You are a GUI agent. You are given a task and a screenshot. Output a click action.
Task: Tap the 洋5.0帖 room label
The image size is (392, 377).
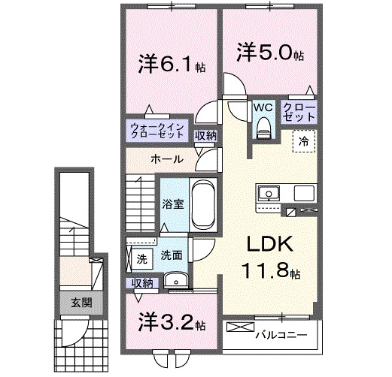(x=272, y=55)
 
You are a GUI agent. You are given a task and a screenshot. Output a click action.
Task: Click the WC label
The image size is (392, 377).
(x=263, y=107)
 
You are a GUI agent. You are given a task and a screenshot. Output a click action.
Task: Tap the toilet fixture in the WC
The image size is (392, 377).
(x=263, y=128)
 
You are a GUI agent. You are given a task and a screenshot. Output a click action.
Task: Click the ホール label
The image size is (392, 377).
(x=165, y=158)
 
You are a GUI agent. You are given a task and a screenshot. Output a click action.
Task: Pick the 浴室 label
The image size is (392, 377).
(x=173, y=204)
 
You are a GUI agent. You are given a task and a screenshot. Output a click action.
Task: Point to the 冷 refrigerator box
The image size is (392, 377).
(x=305, y=140)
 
